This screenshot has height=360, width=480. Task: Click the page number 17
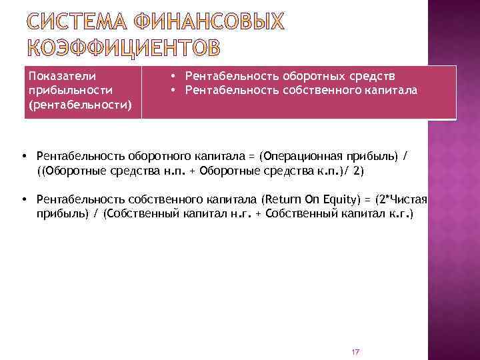[355, 352]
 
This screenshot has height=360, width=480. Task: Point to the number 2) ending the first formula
[359, 171]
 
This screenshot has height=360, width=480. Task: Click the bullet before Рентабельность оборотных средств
[173, 76]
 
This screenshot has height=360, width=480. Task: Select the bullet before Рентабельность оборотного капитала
[23, 156]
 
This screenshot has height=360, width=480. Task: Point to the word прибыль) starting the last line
[62, 215]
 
